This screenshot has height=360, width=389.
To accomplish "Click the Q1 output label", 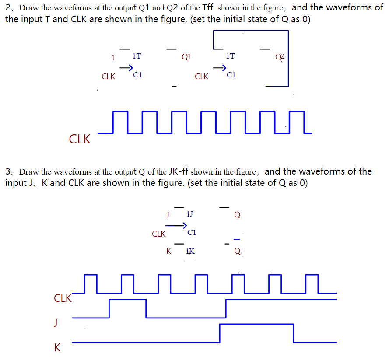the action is click(186, 56).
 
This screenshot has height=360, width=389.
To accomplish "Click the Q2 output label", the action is click(280, 56).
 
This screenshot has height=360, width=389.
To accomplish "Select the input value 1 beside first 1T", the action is click(112, 57).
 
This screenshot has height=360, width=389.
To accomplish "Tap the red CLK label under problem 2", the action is click(80, 140).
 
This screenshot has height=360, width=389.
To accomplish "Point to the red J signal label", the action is click(55, 323).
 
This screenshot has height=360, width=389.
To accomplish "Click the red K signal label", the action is click(57, 348).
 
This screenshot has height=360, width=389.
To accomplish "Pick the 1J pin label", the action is click(190, 214).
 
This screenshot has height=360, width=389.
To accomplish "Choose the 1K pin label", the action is click(190, 251).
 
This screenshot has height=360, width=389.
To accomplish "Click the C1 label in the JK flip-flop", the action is click(192, 232).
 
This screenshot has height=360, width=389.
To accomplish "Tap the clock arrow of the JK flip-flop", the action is click(175, 225).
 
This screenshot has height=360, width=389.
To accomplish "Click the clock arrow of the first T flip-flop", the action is click(126, 68).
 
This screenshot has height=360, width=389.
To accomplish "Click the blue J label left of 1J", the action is click(167, 214).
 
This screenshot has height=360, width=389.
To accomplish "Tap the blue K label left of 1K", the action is click(168, 251).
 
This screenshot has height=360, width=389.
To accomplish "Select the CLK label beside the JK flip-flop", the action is click(158, 234).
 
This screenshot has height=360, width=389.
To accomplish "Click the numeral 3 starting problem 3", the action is click(8, 171).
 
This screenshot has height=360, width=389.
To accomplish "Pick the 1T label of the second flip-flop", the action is click(230, 56).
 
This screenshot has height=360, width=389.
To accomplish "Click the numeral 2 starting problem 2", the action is click(8, 8).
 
